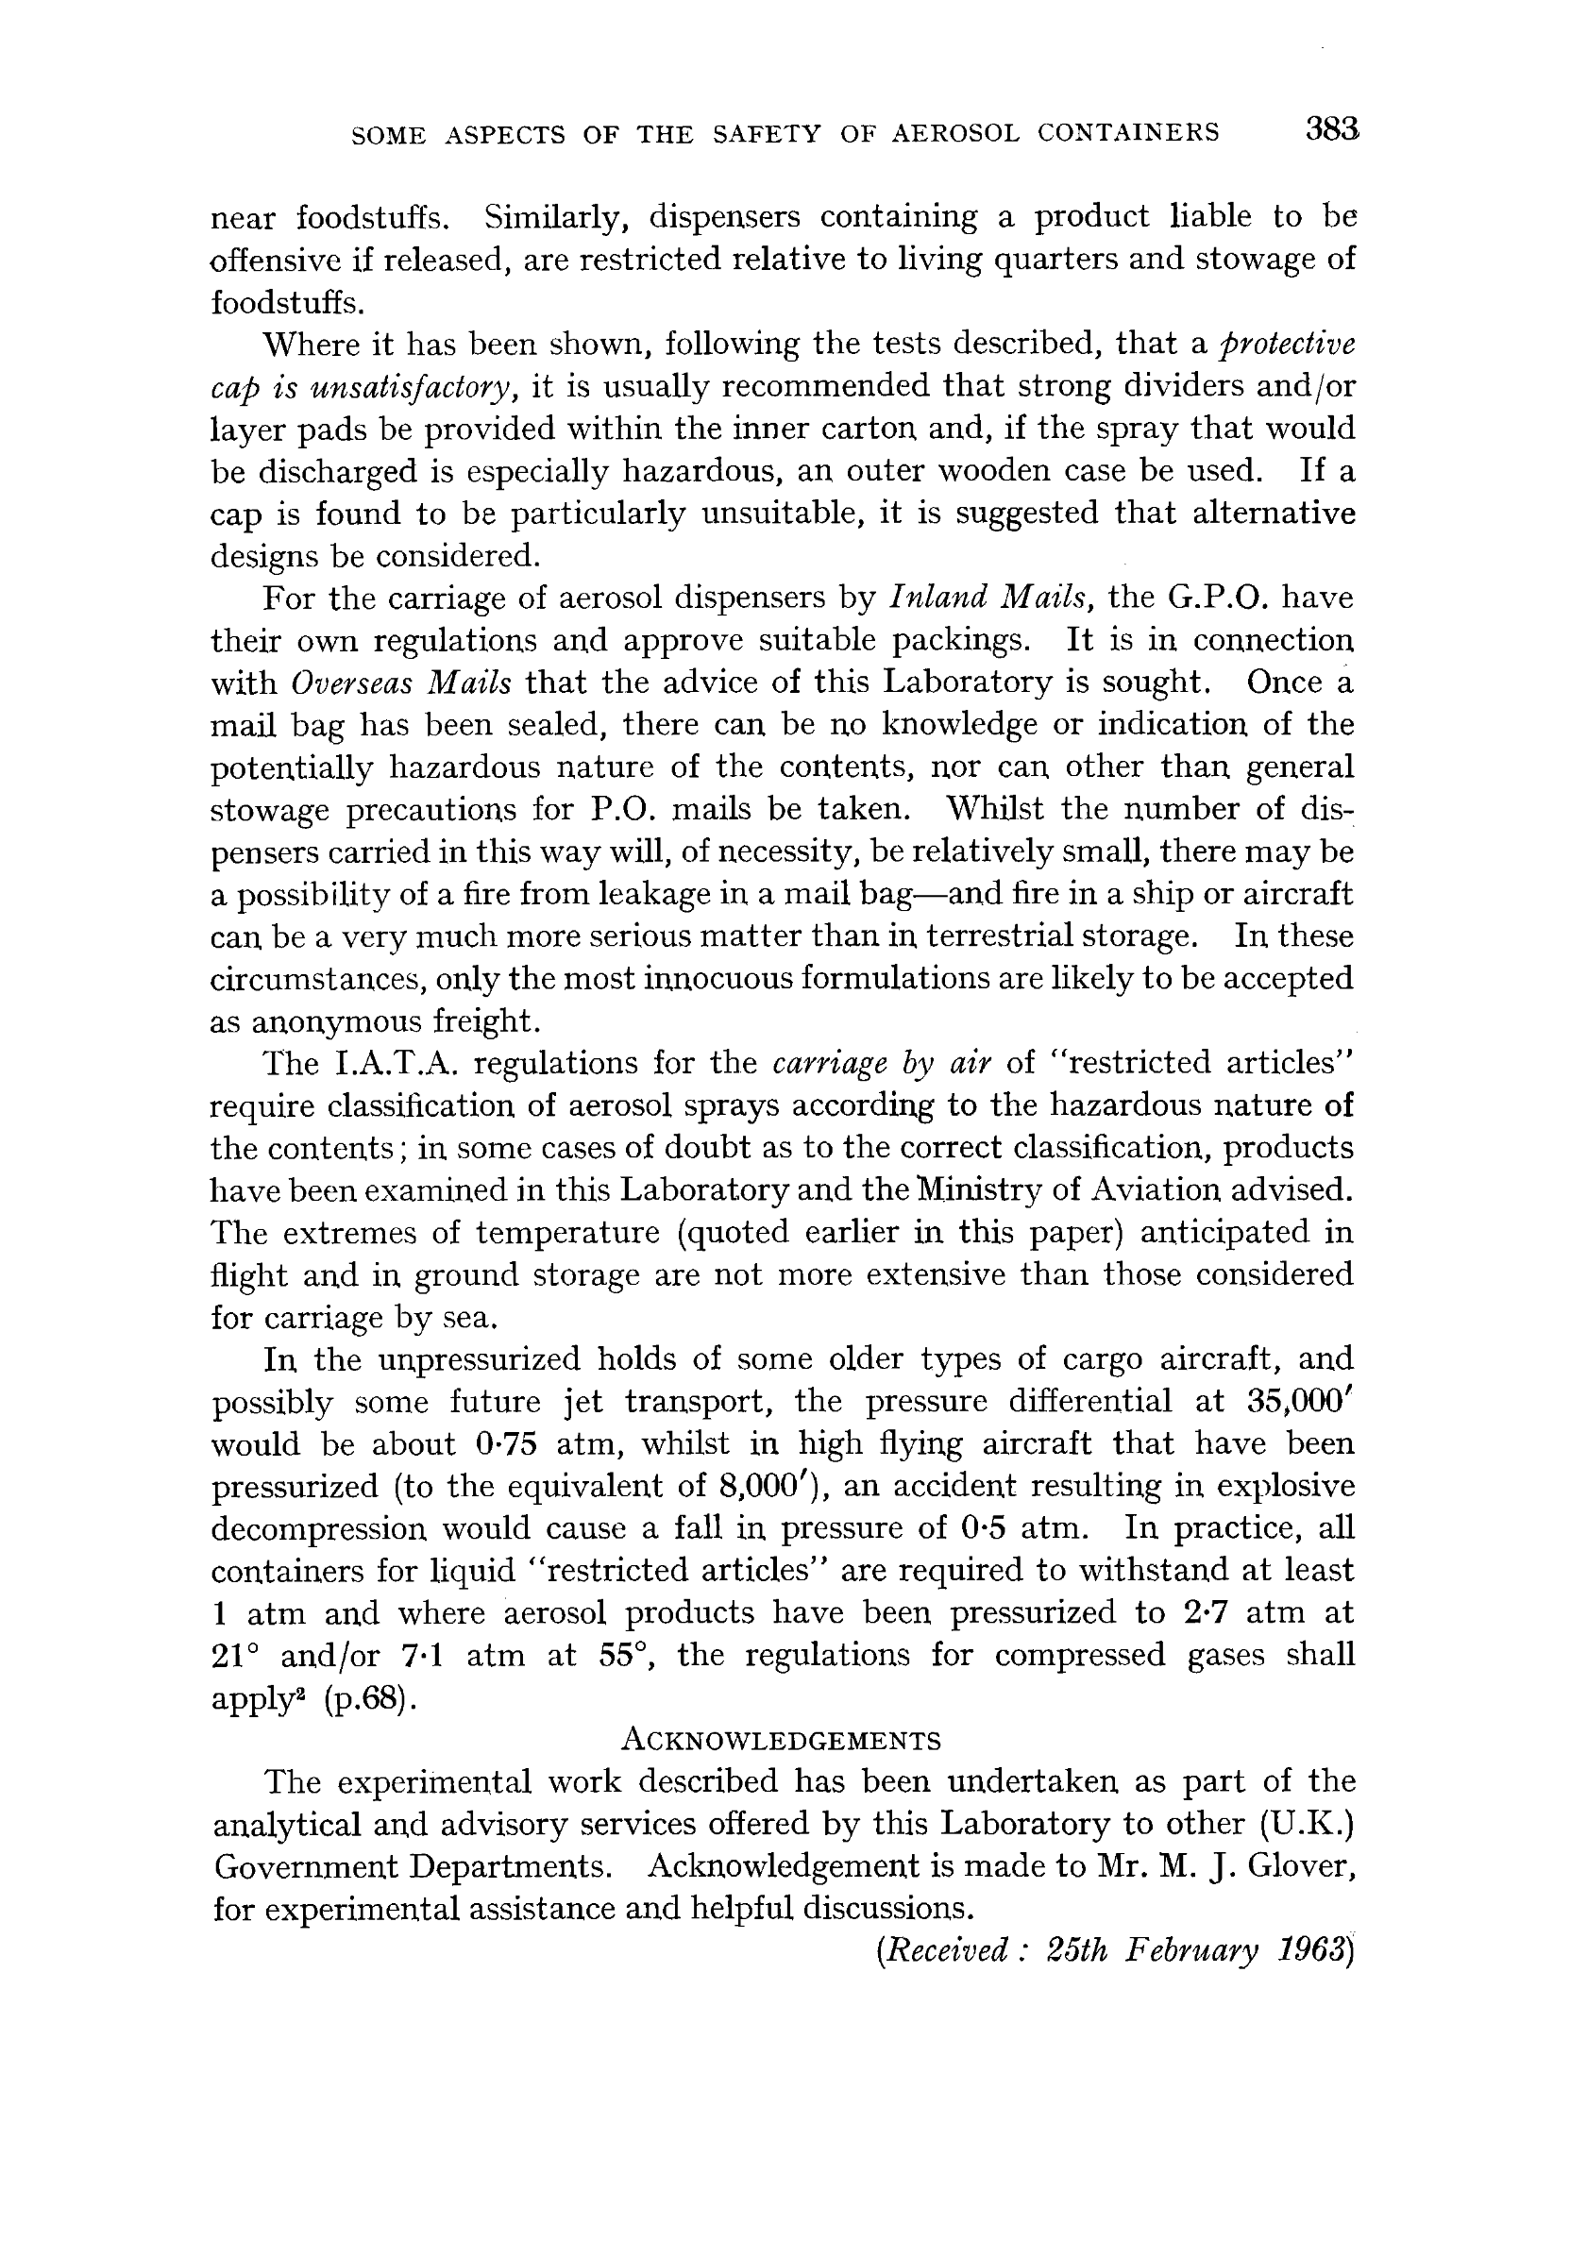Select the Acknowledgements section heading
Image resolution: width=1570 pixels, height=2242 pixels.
pos(781,1739)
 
